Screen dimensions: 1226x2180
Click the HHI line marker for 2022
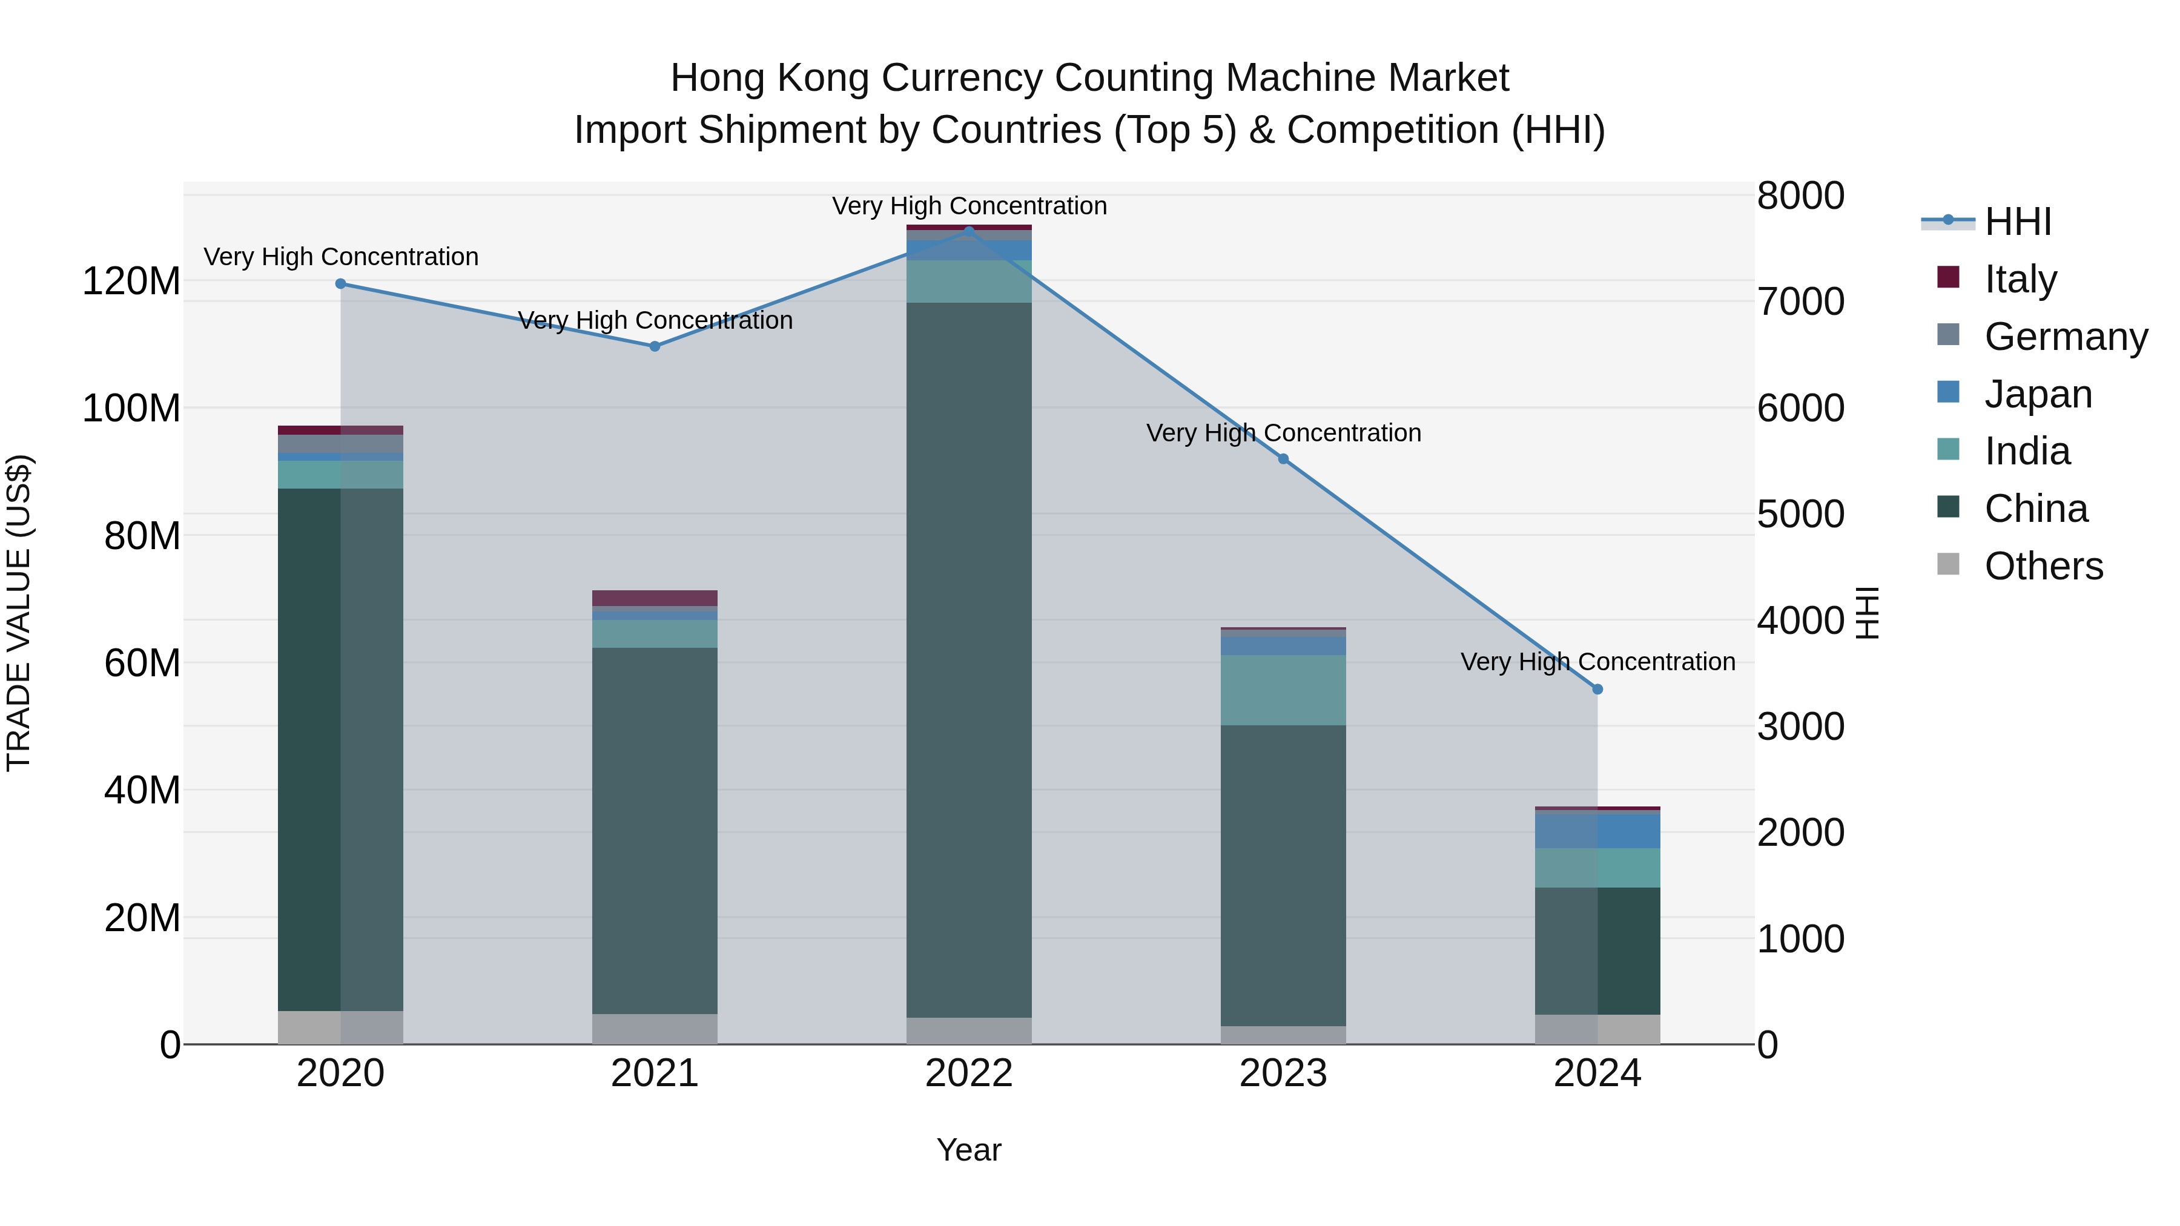tap(969, 231)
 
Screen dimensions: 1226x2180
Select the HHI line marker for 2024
tap(1597, 690)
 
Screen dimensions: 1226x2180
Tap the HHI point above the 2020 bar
tap(340, 283)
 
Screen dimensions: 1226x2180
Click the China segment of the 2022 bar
tap(969, 660)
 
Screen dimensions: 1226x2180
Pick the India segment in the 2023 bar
tap(1283, 690)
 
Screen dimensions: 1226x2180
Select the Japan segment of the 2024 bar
tap(1597, 830)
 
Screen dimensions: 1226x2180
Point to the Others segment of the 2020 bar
tap(340, 1027)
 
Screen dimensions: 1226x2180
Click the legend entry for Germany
tap(2066, 337)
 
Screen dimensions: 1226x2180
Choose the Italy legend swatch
tap(1948, 277)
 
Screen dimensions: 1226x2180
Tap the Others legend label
tap(2043, 566)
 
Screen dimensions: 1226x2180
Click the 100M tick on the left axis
tap(131, 409)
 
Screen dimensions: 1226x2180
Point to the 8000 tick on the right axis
tap(1801, 196)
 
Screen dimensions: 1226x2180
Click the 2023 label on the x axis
tap(1283, 1073)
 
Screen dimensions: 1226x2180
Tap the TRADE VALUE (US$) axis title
tap(19, 613)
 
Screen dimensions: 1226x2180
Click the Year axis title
tap(969, 1150)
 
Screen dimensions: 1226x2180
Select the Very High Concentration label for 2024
tap(1597, 662)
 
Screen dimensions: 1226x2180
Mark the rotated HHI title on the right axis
tap(1866, 613)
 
